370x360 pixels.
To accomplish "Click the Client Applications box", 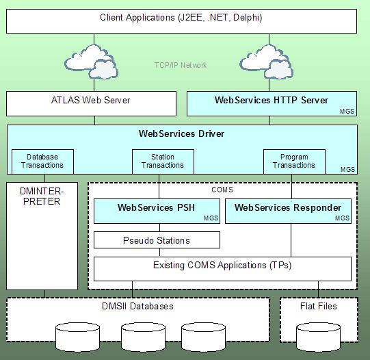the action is pos(181,21).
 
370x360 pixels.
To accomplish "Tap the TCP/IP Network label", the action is pos(181,65).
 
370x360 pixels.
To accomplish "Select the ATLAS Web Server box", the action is pos(92,103).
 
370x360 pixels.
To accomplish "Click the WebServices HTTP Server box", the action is pos(272,103).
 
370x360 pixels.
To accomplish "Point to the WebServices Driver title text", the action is pos(181,133).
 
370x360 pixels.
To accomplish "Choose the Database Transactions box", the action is pos(42,162).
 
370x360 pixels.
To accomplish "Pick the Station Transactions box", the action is pos(163,162).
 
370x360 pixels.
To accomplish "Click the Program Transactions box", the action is pos(294,162).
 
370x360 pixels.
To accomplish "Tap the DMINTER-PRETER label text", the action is pos(42,196).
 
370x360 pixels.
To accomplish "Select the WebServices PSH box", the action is pos(157,211).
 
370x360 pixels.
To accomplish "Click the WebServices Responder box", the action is pos(288,211).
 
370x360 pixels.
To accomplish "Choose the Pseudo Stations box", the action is pos(157,240).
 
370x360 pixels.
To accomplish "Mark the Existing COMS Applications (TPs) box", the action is pos(222,269).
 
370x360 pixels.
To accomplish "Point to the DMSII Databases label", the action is pos(137,306).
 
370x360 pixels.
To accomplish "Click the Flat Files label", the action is pos(318,306).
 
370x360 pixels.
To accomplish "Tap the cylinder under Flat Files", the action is pos(318,337).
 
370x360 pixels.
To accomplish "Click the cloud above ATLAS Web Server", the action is pos(92,62).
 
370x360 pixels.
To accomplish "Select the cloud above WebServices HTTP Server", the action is pos(267,62).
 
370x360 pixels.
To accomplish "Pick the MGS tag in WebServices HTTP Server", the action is pos(347,111).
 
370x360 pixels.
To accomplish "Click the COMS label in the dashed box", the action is pos(222,190).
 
